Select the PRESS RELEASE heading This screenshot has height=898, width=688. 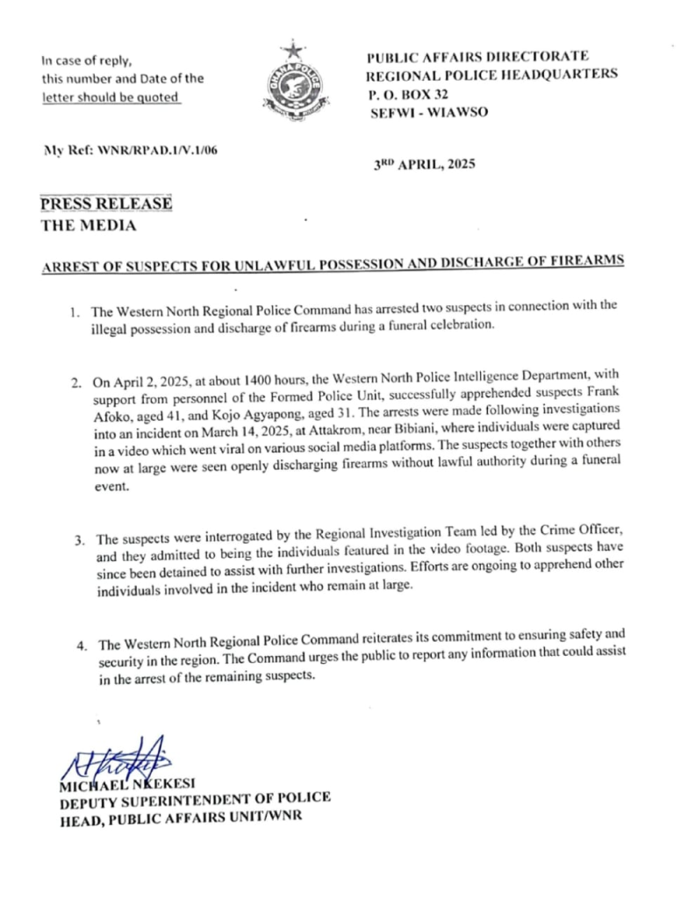click(105, 204)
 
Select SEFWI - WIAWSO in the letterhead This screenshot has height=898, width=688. click(425, 112)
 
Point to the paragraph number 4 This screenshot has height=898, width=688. click(79, 647)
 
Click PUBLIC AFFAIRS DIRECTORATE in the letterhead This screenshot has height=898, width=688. click(477, 56)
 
